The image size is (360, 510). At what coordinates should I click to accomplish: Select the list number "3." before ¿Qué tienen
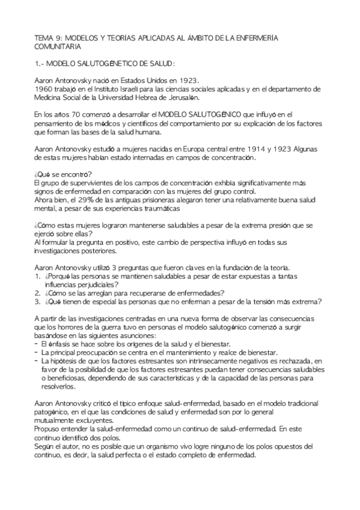[x=37, y=301]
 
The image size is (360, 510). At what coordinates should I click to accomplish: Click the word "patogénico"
[x=54, y=411]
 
